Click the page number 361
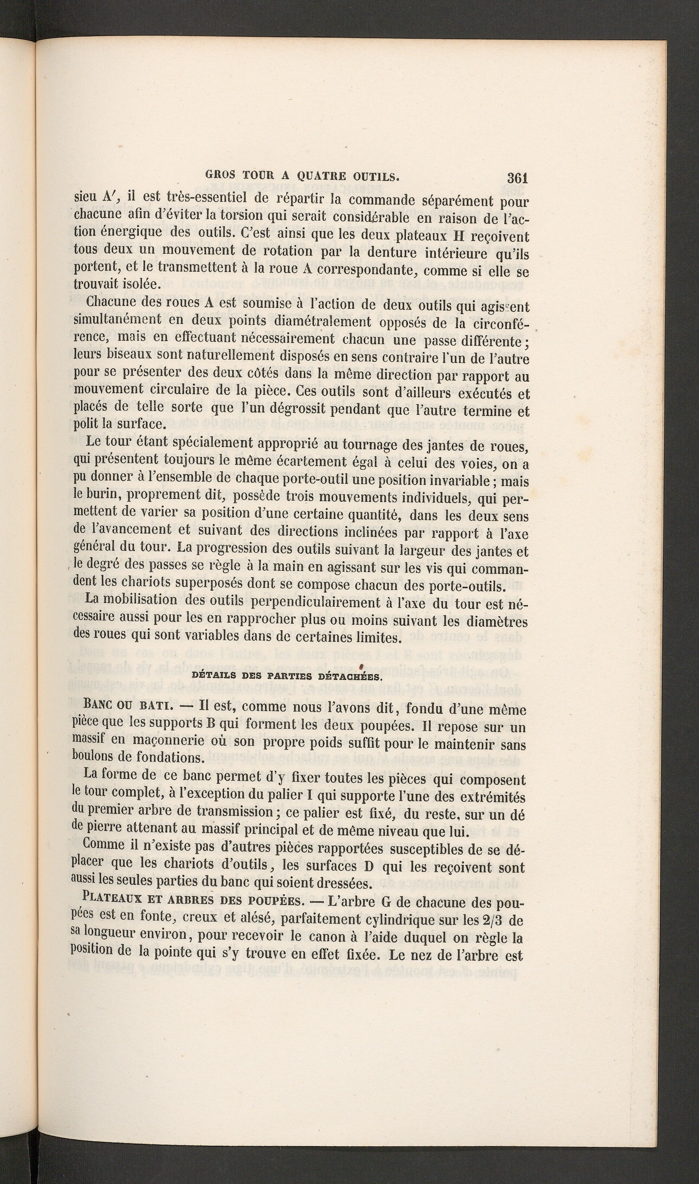[516, 178]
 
